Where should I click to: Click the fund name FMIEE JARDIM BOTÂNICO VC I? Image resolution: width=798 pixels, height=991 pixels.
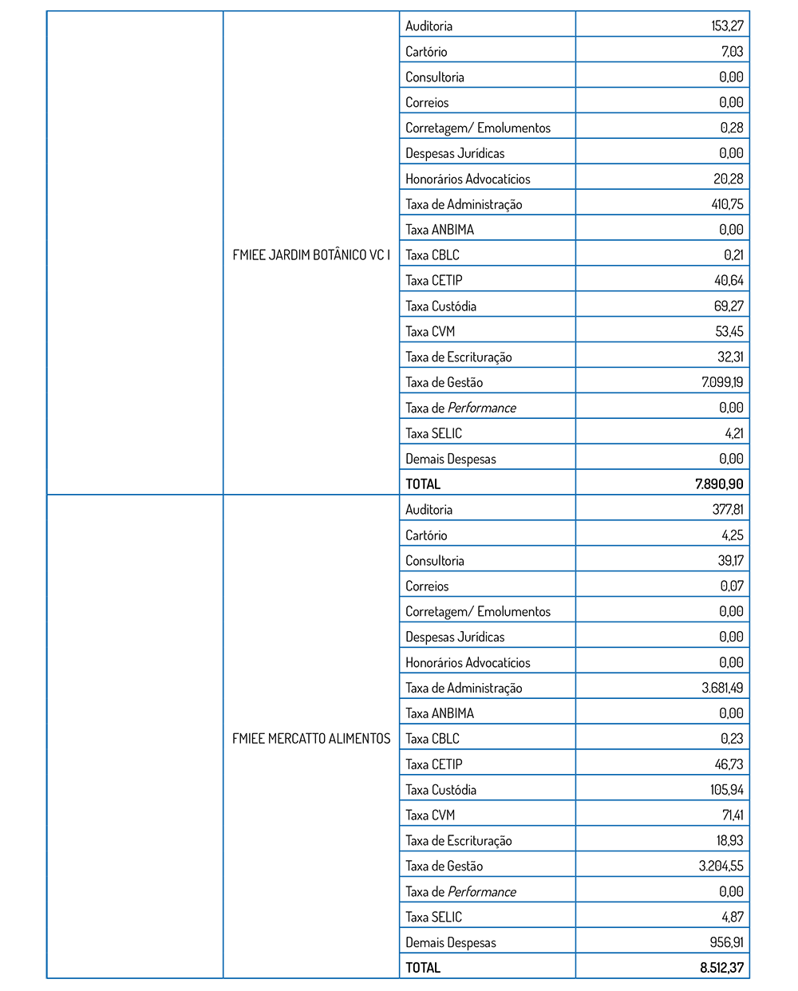(311, 255)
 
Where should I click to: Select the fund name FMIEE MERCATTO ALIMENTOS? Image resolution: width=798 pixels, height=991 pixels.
(311, 739)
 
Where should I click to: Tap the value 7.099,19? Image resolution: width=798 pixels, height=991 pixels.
(722, 382)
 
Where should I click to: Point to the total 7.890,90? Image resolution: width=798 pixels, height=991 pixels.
(719, 484)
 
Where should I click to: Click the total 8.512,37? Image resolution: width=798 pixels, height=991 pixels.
(721, 968)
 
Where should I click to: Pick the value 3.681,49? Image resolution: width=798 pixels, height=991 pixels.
(722, 688)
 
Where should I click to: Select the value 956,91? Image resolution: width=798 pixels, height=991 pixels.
(726, 942)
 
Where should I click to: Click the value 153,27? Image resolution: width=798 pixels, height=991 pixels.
(727, 26)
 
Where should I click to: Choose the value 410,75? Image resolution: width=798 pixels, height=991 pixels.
(727, 204)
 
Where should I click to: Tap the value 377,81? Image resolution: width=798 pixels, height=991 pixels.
(727, 510)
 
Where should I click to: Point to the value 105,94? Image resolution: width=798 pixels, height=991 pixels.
(727, 790)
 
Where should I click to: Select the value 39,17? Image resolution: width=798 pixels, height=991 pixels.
(730, 561)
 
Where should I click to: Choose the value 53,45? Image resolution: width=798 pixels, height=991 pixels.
(729, 332)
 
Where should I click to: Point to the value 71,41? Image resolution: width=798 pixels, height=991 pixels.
(733, 815)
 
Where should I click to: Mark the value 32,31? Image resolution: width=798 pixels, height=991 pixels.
(730, 357)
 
